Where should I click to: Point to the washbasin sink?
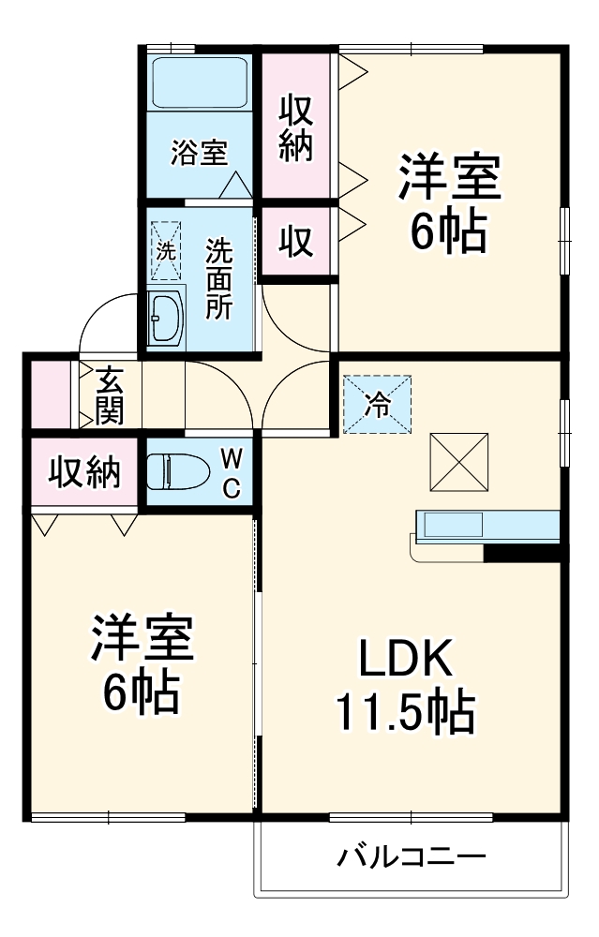[167, 317]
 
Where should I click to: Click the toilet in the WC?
[180, 472]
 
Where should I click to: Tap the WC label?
[232, 473]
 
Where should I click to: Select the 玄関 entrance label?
[110, 396]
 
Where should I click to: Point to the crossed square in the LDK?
[458, 461]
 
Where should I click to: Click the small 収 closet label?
[295, 243]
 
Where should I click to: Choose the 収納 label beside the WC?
[85, 473]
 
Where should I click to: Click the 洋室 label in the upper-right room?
[450, 178]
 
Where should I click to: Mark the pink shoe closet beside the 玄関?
[48, 394]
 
